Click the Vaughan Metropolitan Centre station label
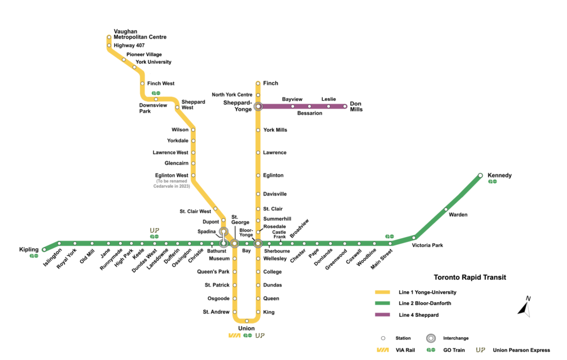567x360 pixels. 140,34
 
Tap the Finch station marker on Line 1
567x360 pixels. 258,84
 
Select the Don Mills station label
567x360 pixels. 356,106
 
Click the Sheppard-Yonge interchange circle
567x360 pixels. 258,106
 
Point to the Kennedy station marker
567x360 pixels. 481,176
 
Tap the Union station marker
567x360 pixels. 247,321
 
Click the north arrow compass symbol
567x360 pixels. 524,307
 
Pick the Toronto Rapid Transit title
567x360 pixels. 470,277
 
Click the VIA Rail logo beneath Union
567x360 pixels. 234,336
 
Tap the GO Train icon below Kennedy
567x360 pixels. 492,182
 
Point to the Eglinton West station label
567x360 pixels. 172,176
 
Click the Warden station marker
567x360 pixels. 446,209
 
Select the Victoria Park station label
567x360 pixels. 431,245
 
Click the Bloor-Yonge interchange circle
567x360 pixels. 258,243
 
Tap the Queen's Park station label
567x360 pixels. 213,272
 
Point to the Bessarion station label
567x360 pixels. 310,113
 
